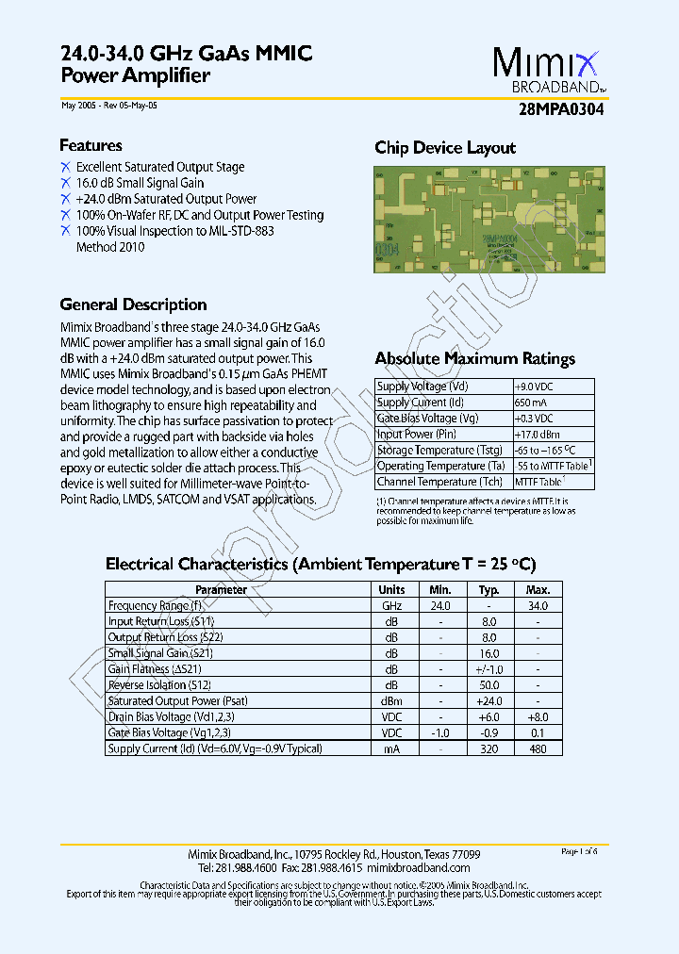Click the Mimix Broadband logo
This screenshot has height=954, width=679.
546,72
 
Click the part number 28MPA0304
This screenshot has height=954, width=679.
561,109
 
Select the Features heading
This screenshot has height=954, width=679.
91,145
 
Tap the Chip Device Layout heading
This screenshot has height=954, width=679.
445,148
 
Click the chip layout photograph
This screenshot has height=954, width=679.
489,220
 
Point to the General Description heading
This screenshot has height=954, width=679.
133,304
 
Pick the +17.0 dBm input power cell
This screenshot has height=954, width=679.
538,435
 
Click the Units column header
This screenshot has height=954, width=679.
391,590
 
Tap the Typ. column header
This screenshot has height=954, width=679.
489,590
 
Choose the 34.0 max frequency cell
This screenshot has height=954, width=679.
538,606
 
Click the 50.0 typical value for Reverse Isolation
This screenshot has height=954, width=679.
489,685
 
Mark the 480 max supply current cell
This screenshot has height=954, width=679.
538,748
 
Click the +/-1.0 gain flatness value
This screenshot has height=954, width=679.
489,669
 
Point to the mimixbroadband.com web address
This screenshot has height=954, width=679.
418,867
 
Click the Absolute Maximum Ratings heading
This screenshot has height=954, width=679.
474,358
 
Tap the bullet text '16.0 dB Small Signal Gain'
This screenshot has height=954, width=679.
140,183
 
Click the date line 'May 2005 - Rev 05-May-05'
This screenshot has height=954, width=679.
108,106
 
